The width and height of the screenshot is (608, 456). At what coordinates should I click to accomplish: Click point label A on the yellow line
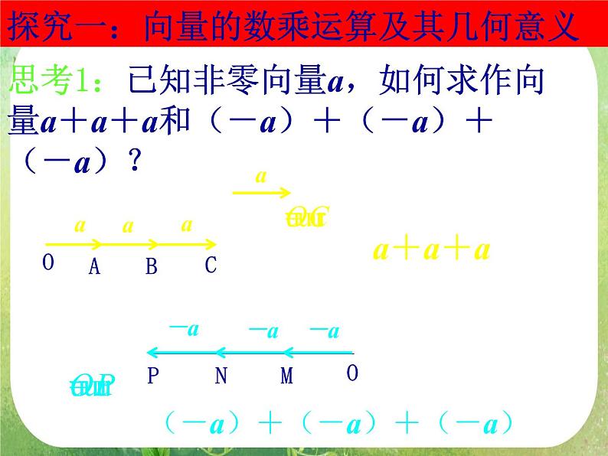pos(95,266)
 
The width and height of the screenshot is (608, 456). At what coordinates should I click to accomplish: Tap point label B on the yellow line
pos(151,266)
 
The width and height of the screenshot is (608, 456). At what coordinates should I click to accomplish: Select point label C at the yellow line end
pos(211,265)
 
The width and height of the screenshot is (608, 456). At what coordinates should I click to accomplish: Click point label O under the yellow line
pos(48,262)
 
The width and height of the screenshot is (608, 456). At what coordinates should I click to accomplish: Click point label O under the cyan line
pos(352,373)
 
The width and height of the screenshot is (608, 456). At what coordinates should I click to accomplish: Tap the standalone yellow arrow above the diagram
pos(260,193)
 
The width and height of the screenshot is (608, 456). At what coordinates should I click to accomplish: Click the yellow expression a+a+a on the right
pos(431,250)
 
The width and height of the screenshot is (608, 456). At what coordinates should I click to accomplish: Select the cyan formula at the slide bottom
pos(338,423)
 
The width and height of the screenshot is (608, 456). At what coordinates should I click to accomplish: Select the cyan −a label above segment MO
pos(324,331)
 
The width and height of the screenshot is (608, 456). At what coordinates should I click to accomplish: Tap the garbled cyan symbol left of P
pos(91,386)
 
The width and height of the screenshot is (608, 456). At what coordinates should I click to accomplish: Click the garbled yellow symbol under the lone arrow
pos(306,218)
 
